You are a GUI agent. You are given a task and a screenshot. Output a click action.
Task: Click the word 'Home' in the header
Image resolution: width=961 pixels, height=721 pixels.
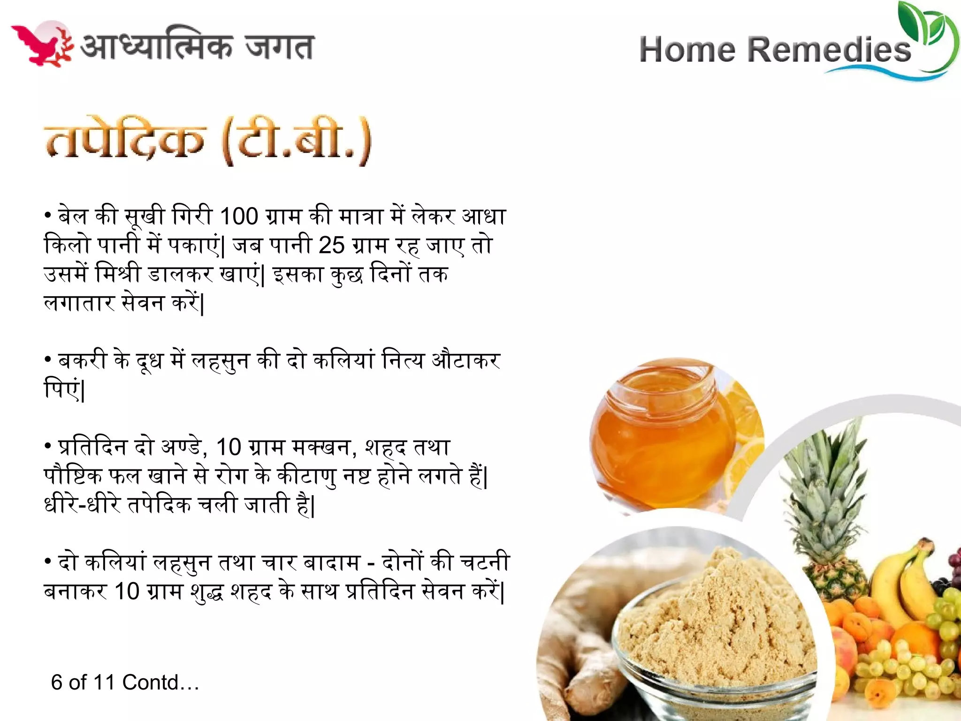point(687,50)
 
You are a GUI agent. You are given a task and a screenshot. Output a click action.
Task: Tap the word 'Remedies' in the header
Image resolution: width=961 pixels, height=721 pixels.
point(829,50)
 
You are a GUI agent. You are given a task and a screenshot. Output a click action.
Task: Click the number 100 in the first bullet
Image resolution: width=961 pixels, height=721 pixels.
point(239,216)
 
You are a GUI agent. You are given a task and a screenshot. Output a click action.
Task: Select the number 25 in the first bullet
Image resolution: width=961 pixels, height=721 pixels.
point(331,245)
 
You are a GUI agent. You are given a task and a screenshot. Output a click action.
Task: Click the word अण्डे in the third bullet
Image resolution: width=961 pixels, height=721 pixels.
point(181,447)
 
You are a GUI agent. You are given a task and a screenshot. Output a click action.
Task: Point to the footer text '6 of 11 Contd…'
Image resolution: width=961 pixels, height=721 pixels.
point(125,683)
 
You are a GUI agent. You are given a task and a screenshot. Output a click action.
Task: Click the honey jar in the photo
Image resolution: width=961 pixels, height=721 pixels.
point(662,437)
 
